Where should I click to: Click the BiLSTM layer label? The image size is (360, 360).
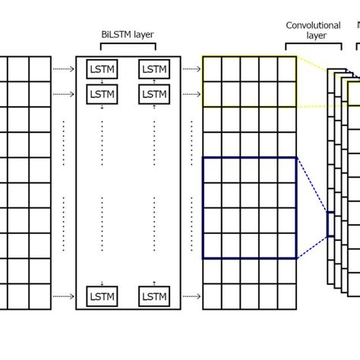pyautogui.click(x=127, y=34)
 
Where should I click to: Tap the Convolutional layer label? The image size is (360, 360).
pyautogui.click(x=313, y=30)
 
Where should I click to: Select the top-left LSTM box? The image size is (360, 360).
pyautogui.click(x=102, y=69)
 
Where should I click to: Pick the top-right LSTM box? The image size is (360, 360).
pyautogui.click(x=154, y=69)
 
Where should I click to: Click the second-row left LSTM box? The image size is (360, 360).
pyautogui.click(x=102, y=93)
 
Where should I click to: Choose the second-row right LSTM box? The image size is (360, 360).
pyautogui.click(x=154, y=93)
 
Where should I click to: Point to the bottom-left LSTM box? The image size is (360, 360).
pyautogui.click(x=102, y=296)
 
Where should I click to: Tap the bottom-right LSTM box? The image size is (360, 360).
pyautogui.click(x=154, y=296)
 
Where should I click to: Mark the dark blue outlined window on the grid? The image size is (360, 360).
pyautogui.click(x=249, y=208)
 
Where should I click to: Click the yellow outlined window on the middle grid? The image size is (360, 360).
pyautogui.click(x=249, y=81)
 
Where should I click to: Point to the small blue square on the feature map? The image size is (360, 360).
pyautogui.click(x=331, y=224)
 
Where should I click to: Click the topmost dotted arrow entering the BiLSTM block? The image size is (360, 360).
pyautogui.click(x=63, y=69)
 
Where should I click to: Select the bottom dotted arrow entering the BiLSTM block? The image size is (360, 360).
pyautogui.click(x=63, y=297)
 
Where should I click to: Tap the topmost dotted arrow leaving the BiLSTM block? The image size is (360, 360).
pyautogui.click(x=192, y=69)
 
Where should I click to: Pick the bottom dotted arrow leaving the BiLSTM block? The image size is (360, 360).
pyautogui.click(x=192, y=297)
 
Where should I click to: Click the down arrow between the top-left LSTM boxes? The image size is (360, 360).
pyautogui.click(x=102, y=81)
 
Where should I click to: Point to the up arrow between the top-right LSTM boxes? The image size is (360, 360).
pyautogui.click(x=154, y=81)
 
